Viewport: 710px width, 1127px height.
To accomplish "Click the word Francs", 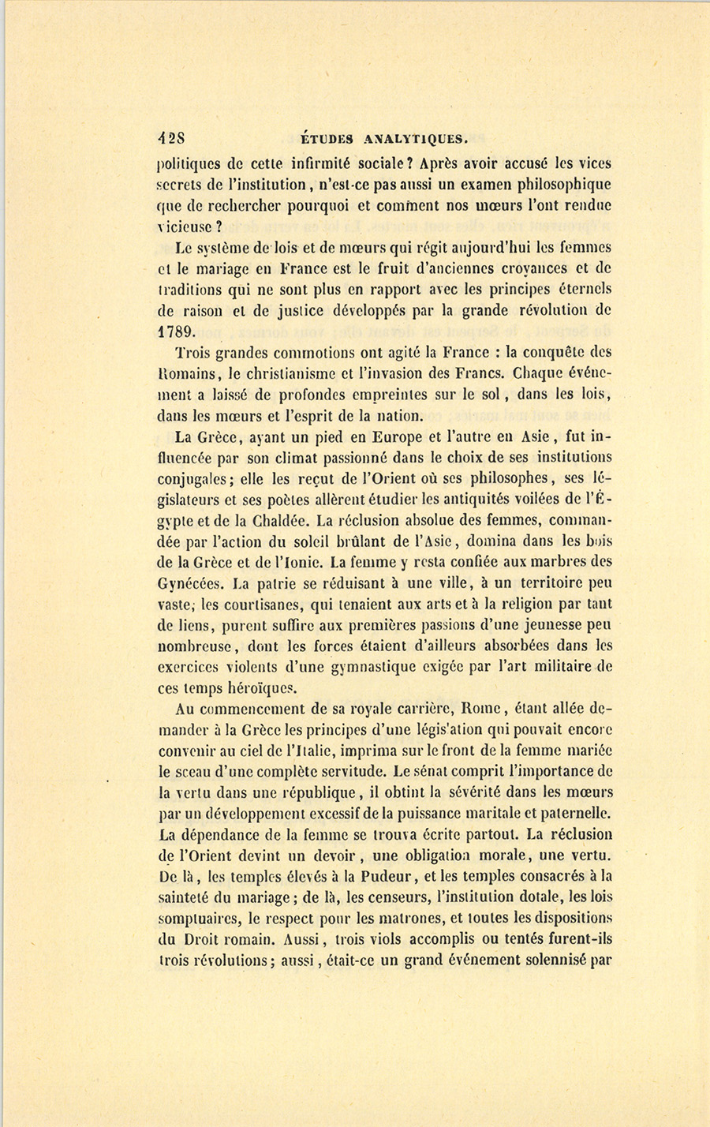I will pyautogui.click(x=454, y=373).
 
